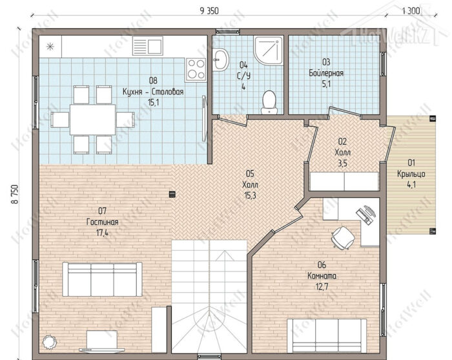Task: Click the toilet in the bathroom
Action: (x=269, y=102)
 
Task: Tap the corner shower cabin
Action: (x=268, y=51)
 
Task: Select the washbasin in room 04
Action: (x=221, y=59)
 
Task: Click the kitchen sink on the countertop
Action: (x=148, y=46)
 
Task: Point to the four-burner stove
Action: (x=196, y=69)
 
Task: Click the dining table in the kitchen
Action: (x=92, y=120)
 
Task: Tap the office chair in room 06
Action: (x=343, y=237)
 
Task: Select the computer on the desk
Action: (x=366, y=215)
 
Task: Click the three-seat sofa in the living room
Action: (x=102, y=279)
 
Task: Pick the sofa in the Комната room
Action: (x=327, y=335)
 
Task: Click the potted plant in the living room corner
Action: (x=50, y=343)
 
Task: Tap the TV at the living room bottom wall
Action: (x=102, y=341)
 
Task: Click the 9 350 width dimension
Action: (x=209, y=11)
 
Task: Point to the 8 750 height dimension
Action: (x=15, y=194)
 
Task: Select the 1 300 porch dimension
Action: (x=411, y=11)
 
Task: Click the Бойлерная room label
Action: (x=326, y=73)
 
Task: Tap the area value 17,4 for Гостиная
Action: (x=102, y=233)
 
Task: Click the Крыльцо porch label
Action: (x=411, y=174)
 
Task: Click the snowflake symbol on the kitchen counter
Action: (x=50, y=46)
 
